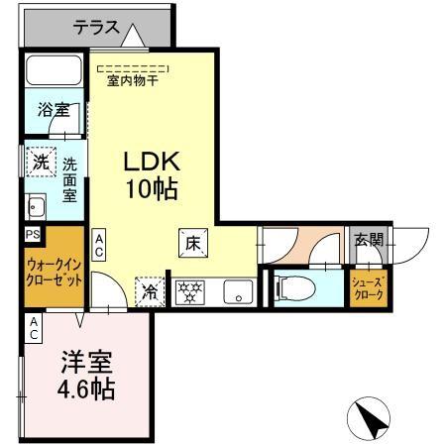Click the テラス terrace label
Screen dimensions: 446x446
97,30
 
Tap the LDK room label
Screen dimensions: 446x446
152,162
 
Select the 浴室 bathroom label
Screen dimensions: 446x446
54,110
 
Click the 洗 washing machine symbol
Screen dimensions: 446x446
39,162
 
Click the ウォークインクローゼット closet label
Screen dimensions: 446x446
54,272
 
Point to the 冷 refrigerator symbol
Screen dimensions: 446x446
149,292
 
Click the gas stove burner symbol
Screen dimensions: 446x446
188,292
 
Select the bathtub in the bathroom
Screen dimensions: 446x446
56,71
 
